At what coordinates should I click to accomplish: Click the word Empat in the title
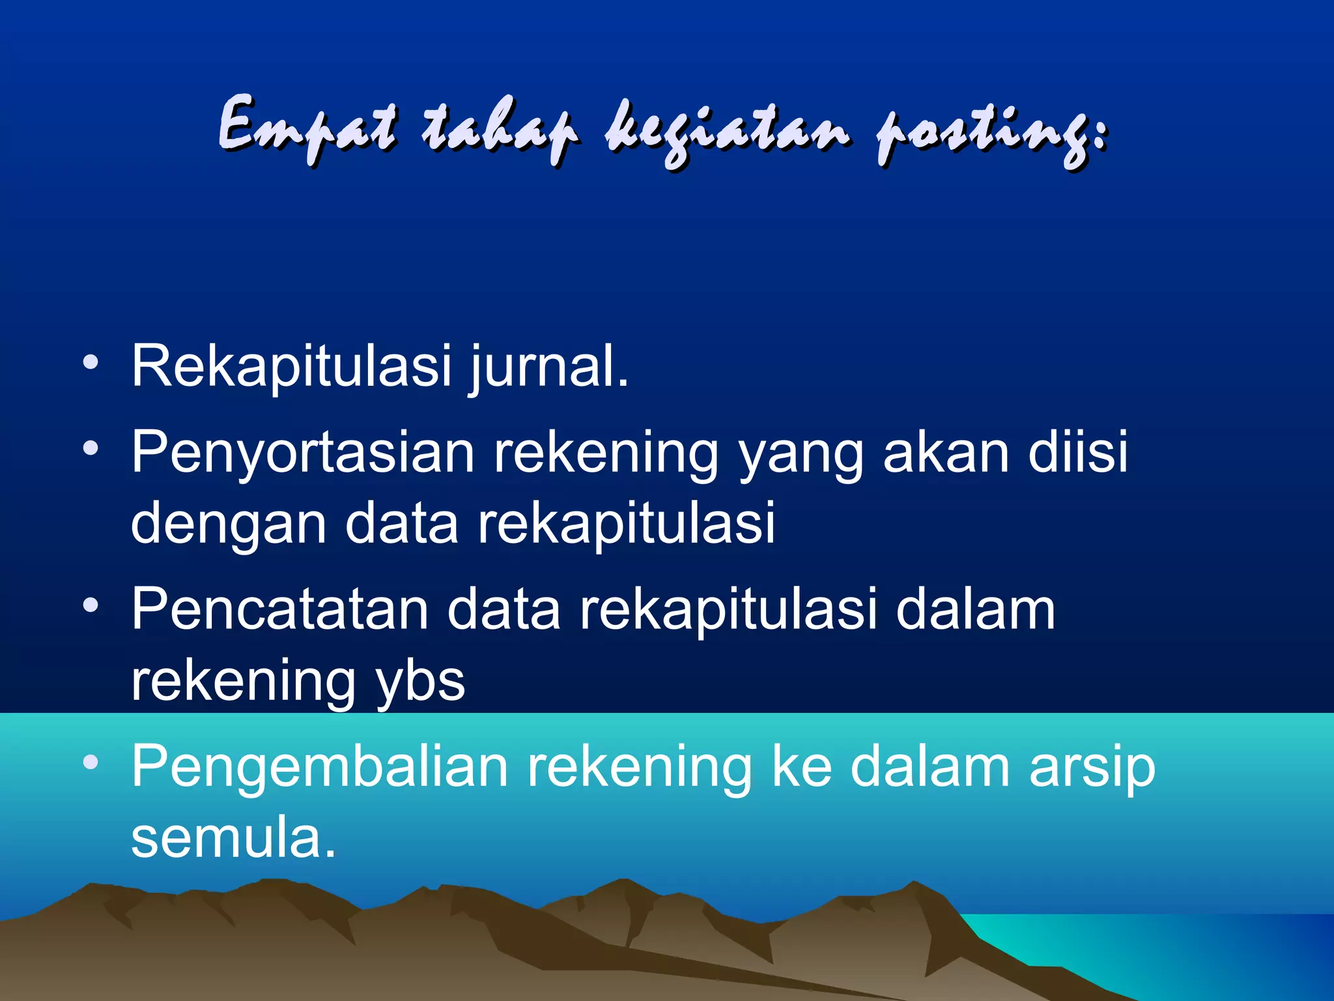pos(306,127)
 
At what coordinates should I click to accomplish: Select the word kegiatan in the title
pos(726,130)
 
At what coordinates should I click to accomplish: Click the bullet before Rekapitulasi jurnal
pos(91,362)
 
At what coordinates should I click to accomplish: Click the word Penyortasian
pos(303,453)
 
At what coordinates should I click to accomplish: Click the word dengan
pos(228,525)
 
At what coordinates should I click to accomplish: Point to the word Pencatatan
pos(280,609)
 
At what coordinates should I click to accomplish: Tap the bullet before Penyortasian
pos(91,448)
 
